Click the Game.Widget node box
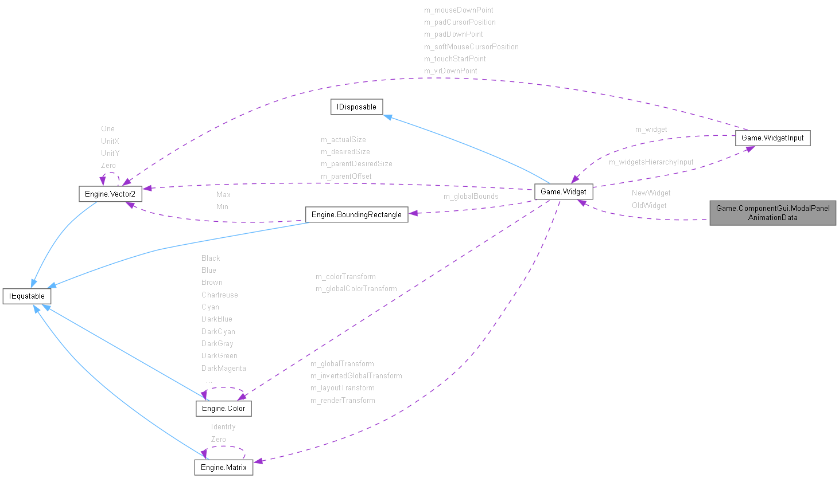[x=563, y=191]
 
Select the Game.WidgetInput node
[x=772, y=138]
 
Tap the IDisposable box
[x=356, y=107]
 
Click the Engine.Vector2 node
[x=110, y=194]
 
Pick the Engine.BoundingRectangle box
[x=356, y=214]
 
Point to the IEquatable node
[x=27, y=296]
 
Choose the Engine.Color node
[x=223, y=409]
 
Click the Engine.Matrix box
[x=223, y=468]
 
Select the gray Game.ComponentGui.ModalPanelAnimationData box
[x=772, y=213]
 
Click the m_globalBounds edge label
[x=471, y=197]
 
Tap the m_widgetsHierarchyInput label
[x=651, y=162]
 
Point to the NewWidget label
[x=651, y=193]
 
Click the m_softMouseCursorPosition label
[x=471, y=47]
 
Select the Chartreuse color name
[x=219, y=295]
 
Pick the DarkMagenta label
[x=223, y=369]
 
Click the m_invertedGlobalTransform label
[x=356, y=376]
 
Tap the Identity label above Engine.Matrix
[x=223, y=427]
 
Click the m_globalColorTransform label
[x=356, y=289]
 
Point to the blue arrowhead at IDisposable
[x=388, y=117]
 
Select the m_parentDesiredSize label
[x=356, y=164]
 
